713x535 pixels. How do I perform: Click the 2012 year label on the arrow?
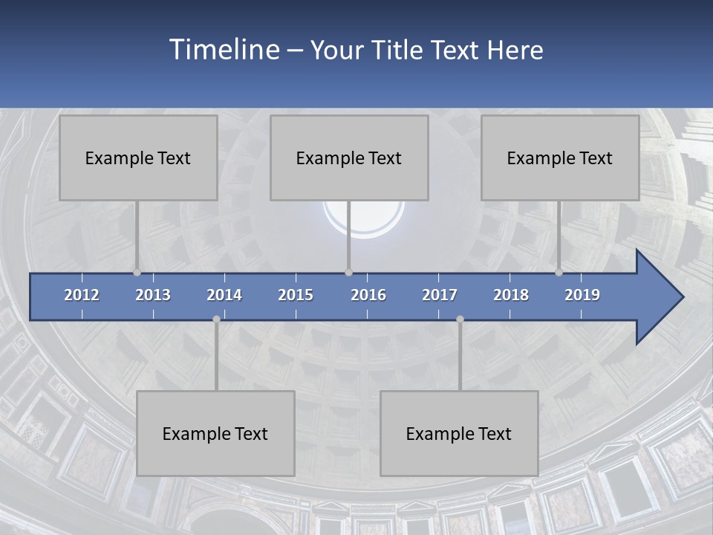pyautogui.click(x=82, y=295)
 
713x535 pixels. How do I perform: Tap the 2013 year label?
pyautogui.click(x=153, y=295)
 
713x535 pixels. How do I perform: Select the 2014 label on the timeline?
pyautogui.click(x=224, y=295)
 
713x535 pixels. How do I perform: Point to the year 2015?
pyautogui.click(x=296, y=295)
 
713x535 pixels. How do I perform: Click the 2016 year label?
pyautogui.click(x=368, y=295)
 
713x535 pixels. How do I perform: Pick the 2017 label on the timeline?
pyautogui.click(x=440, y=295)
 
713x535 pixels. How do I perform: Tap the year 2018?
pyautogui.click(x=511, y=295)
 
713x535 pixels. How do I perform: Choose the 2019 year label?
pyautogui.click(x=582, y=295)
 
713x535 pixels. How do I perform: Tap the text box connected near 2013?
pyautogui.click(x=138, y=158)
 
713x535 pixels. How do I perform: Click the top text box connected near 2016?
pyautogui.click(x=349, y=158)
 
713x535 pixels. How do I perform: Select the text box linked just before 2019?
pyautogui.click(x=560, y=158)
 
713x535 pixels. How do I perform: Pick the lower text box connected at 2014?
pyautogui.click(x=215, y=433)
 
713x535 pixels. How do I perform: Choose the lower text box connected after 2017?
pyautogui.click(x=459, y=433)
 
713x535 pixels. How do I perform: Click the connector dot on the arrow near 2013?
pyautogui.click(x=137, y=273)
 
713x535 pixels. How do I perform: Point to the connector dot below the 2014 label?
pyautogui.click(x=216, y=319)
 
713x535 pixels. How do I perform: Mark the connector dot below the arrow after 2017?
pyautogui.click(x=460, y=319)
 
